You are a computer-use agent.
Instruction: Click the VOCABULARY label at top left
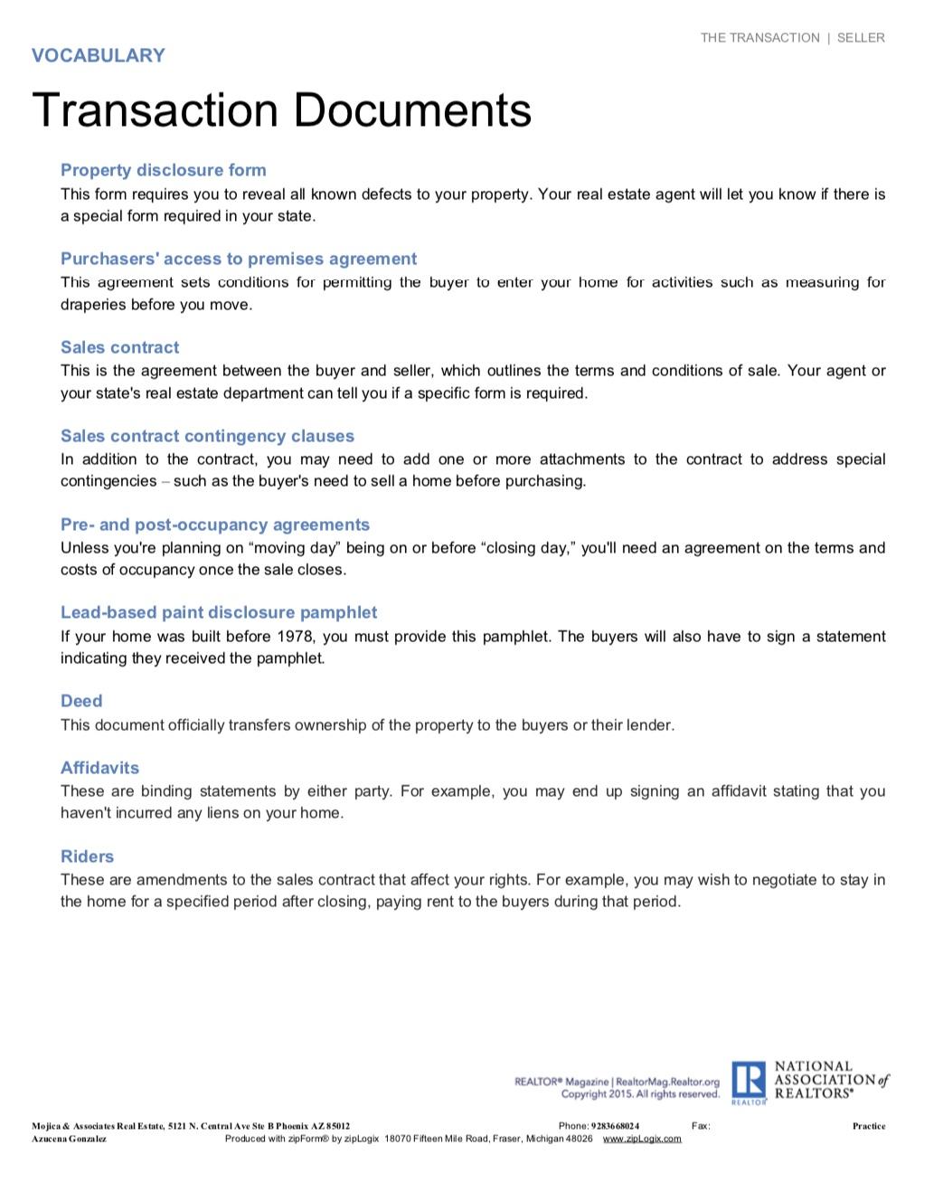tap(99, 56)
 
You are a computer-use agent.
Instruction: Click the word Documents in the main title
tap(412, 110)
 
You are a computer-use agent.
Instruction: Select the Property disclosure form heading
tap(164, 170)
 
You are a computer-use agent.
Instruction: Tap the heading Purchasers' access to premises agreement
tap(239, 259)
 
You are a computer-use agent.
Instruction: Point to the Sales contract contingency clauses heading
tap(207, 436)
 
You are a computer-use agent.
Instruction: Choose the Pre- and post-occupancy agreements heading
tap(215, 525)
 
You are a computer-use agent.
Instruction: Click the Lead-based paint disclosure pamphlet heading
tap(219, 612)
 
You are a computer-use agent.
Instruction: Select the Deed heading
tap(81, 701)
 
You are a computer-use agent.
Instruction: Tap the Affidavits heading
tap(99, 768)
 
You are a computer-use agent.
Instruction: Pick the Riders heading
tap(87, 856)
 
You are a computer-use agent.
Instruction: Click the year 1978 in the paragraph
tap(296, 637)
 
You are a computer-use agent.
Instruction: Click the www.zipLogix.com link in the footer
tap(642, 1139)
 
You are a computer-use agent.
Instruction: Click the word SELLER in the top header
tap(861, 38)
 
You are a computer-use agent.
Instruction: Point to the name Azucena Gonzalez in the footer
tap(70, 1139)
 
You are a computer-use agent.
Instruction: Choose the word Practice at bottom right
tap(869, 1126)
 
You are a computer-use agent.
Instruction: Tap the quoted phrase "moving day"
tap(288, 548)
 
